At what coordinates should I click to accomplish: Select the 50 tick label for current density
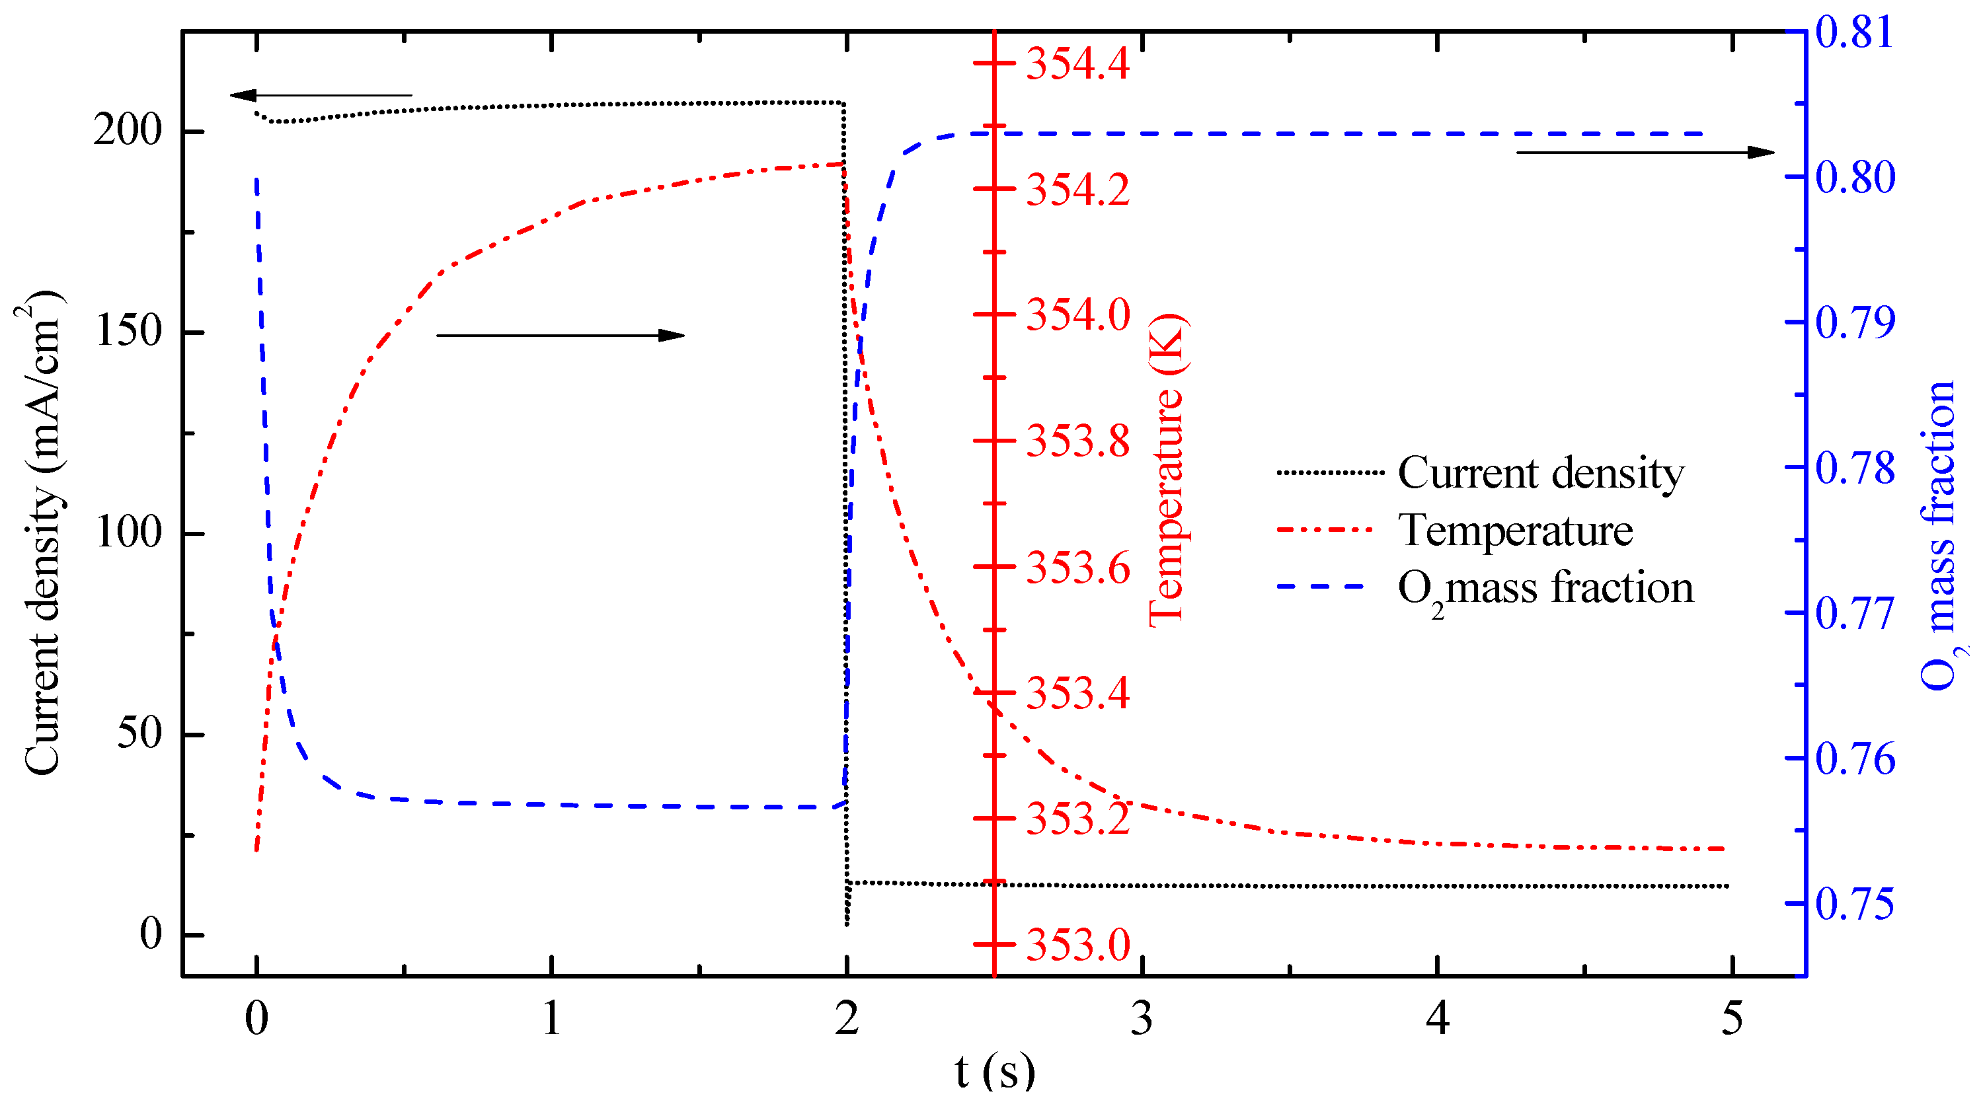(x=139, y=733)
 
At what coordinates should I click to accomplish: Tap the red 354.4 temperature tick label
(x=1077, y=64)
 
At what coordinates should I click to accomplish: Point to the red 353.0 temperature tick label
(x=1077, y=945)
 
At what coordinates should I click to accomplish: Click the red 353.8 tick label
(x=1077, y=441)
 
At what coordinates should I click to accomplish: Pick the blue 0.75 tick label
(x=1855, y=904)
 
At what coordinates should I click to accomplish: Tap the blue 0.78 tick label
(x=1855, y=468)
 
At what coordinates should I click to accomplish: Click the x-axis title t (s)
(x=995, y=1071)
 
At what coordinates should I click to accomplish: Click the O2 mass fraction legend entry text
(x=1546, y=589)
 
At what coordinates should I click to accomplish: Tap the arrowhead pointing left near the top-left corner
(x=243, y=95)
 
